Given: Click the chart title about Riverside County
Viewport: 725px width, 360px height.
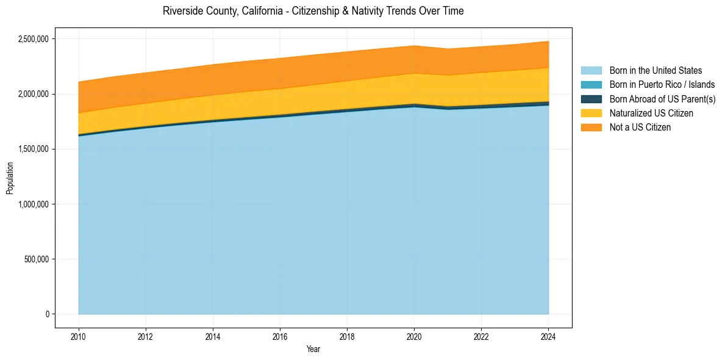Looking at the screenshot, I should [313, 11].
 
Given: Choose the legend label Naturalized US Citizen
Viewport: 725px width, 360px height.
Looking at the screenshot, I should [651, 113].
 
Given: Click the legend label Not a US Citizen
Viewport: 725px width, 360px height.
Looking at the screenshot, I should [640, 127].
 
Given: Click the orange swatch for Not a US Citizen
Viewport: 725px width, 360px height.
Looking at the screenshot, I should [591, 127].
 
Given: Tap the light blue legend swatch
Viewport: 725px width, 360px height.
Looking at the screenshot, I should [591, 71].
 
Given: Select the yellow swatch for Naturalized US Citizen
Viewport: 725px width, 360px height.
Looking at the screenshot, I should [591, 113].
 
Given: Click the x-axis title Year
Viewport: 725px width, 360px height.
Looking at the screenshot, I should [313, 350].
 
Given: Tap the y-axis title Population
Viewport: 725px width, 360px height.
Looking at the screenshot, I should [10, 178].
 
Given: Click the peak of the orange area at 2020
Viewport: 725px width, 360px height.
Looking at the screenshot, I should [414, 46].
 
